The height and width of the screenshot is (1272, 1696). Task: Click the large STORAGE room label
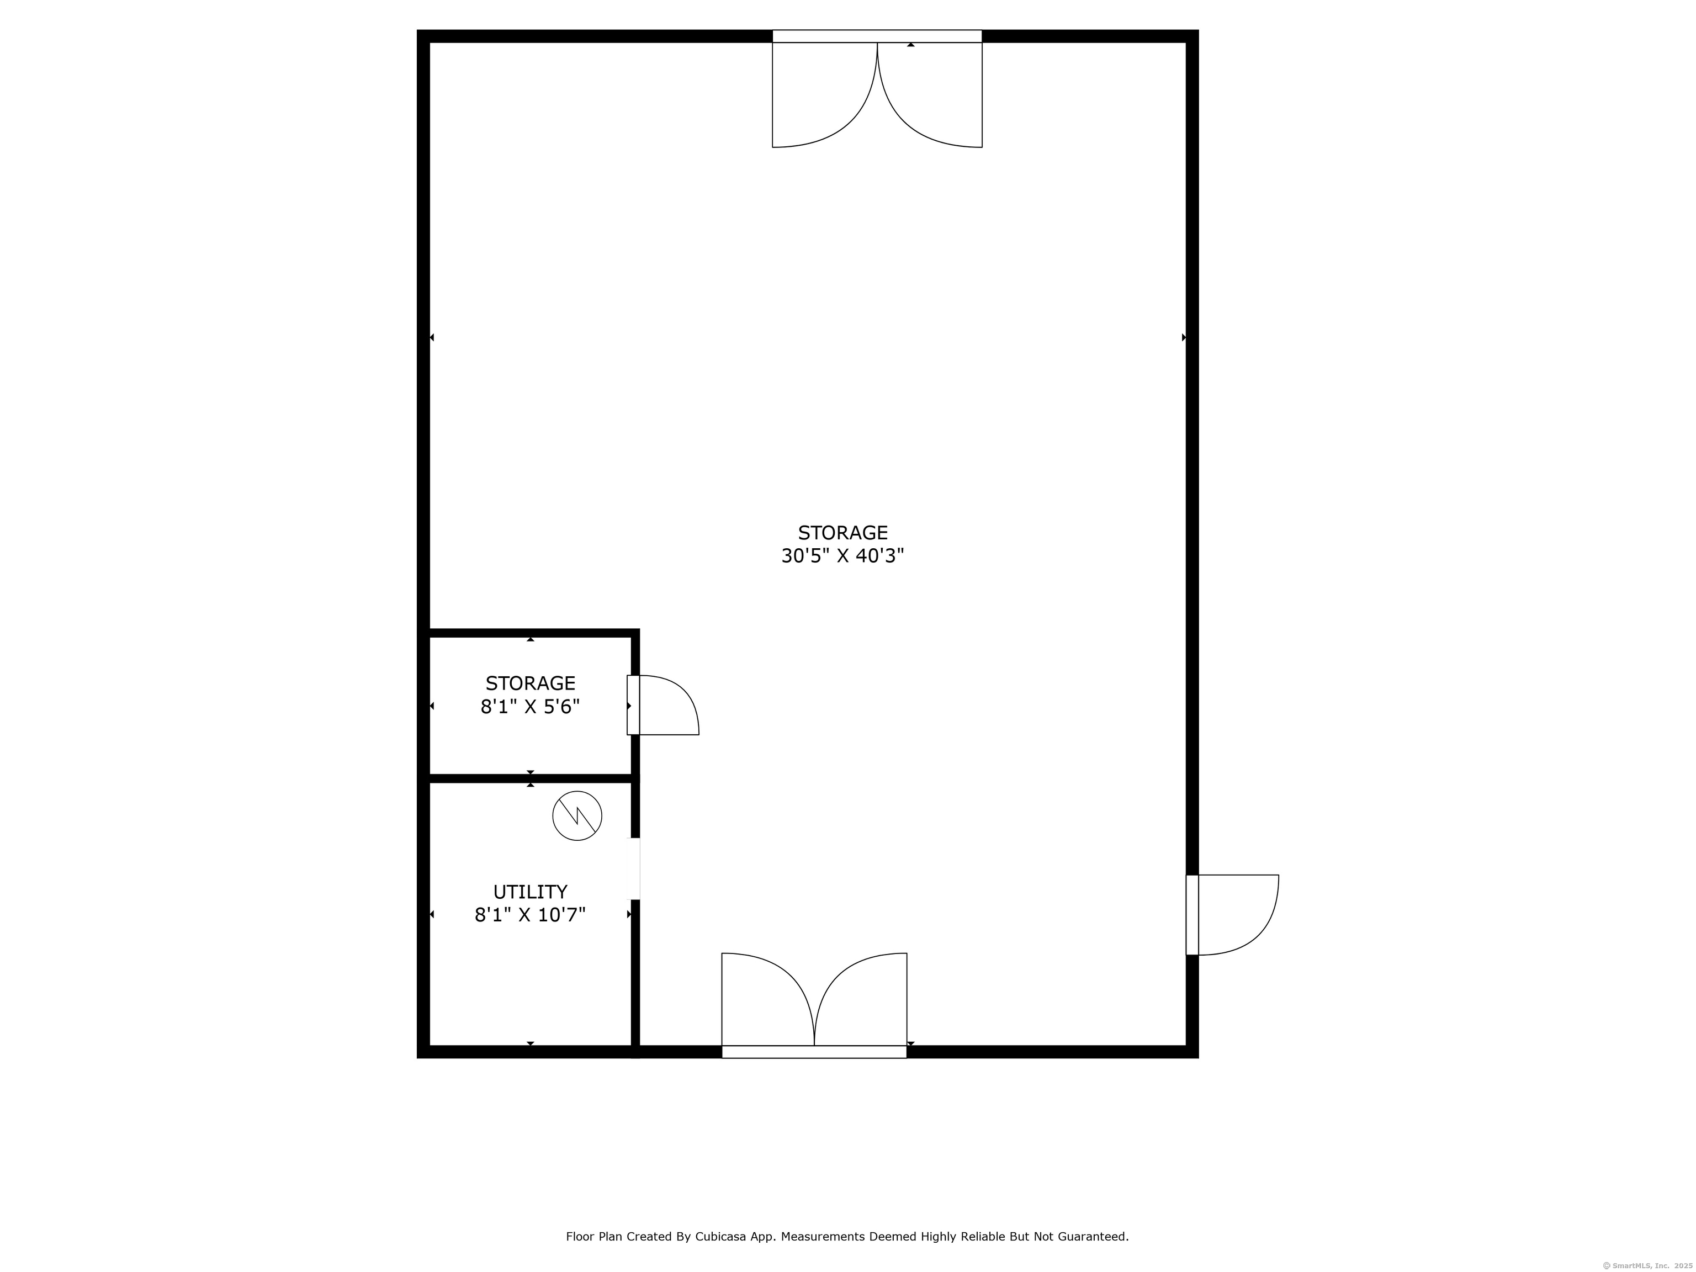coord(842,532)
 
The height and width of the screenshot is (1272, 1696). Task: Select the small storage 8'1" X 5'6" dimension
coord(530,707)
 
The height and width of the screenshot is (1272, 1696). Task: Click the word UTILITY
coord(530,892)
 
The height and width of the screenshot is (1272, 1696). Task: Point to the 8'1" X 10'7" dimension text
coord(530,915)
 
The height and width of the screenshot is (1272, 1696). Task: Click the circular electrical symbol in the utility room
coord(576,815)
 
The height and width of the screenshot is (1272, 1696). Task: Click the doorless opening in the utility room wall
coord(635,868)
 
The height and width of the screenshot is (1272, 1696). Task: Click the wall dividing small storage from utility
coord(530,778)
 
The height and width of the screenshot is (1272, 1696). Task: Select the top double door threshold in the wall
coord(876,36)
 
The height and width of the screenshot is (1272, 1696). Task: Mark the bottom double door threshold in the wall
coord(814,1052)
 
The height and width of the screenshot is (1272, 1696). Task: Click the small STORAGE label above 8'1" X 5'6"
coord(530,683)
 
